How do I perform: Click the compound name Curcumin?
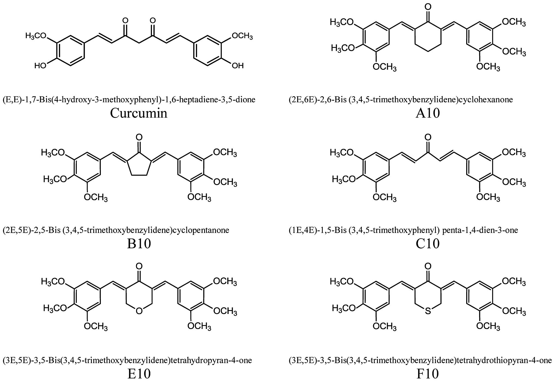coord(139,113)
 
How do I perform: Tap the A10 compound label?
coord(428,113)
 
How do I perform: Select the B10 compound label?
coord(139,243)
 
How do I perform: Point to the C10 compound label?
coord(428,243)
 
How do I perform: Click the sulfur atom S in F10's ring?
coord(428,311)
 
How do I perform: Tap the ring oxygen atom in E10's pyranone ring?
coord(139,311)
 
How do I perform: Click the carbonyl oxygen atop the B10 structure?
coord(139,137)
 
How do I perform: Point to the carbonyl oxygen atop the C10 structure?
coord(428,137)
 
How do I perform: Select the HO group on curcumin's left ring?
coord(40,66)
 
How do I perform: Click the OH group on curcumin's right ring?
coord(237,66)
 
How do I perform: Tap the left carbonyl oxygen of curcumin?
coord(125,21)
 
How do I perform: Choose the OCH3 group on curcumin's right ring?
coord(242,36)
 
